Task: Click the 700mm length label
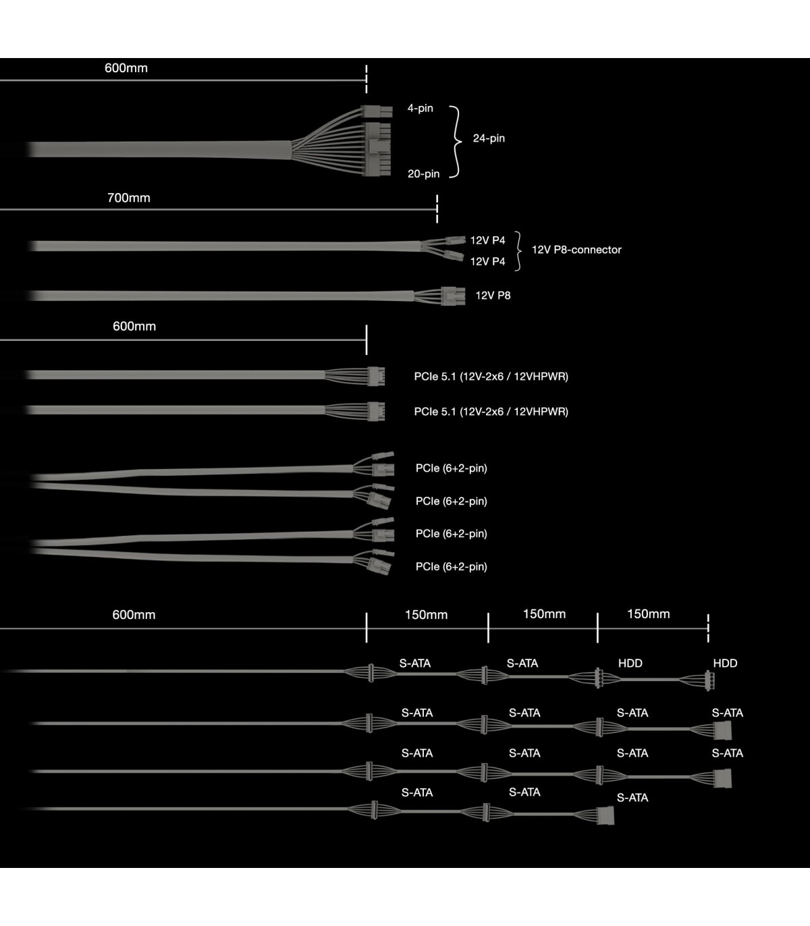point(129,198)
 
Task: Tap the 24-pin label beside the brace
point(489,138)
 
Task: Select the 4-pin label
point(420,108)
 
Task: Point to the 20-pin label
point(423,174)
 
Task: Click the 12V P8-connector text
point(576,250)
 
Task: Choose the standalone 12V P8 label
point(493,296)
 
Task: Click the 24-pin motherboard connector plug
point(377,148)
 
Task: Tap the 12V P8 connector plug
point(453,296)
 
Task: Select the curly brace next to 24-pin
point(456,141)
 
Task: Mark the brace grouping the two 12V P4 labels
point(518,250)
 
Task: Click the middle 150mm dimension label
point(544,614)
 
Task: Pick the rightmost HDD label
point(725,663)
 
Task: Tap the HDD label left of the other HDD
point(630,663)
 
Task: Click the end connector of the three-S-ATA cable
point(605,815)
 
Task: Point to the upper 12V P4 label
point(487,240)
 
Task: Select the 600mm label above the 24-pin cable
point(126,68)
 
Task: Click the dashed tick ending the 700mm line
point(437,209)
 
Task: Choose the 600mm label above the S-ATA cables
point(134,615)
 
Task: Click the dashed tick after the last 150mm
point(708,628)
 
